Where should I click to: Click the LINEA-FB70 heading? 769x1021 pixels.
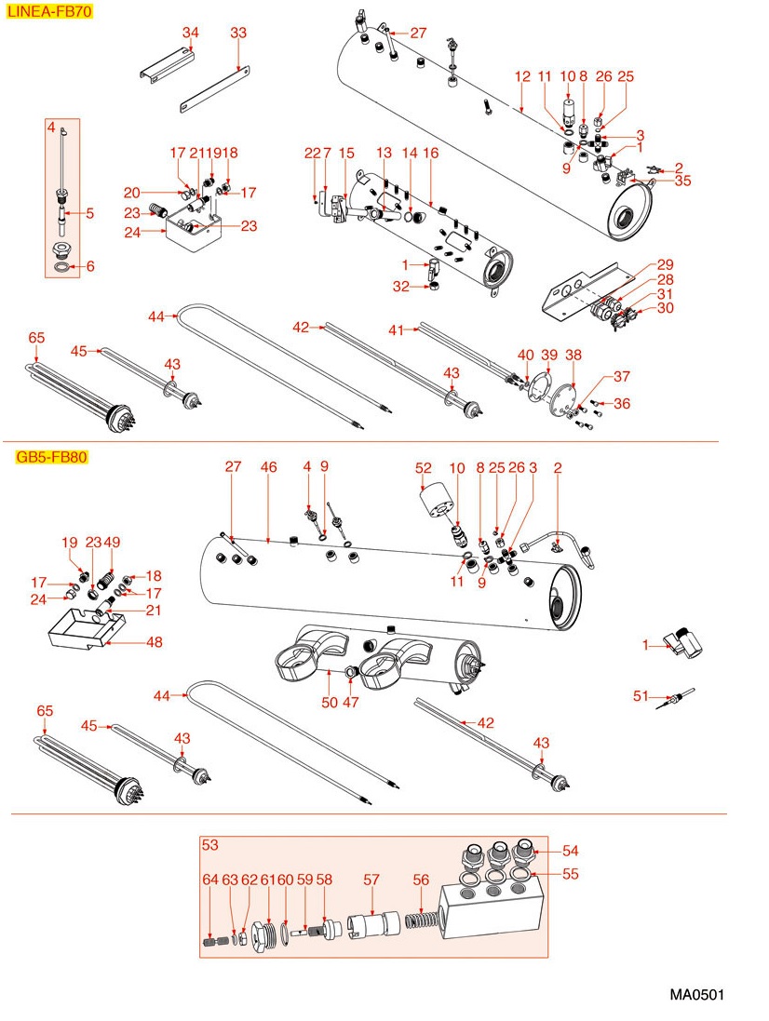point(49,14)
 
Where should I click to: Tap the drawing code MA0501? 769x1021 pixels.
point(696,995)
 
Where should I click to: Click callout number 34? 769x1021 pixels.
point(190,33)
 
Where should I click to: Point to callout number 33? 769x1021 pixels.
point(238,33)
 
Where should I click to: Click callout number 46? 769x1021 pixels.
point(268,466)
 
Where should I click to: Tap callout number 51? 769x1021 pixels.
point(640,694)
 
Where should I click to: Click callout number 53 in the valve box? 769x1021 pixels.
point(209,845)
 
